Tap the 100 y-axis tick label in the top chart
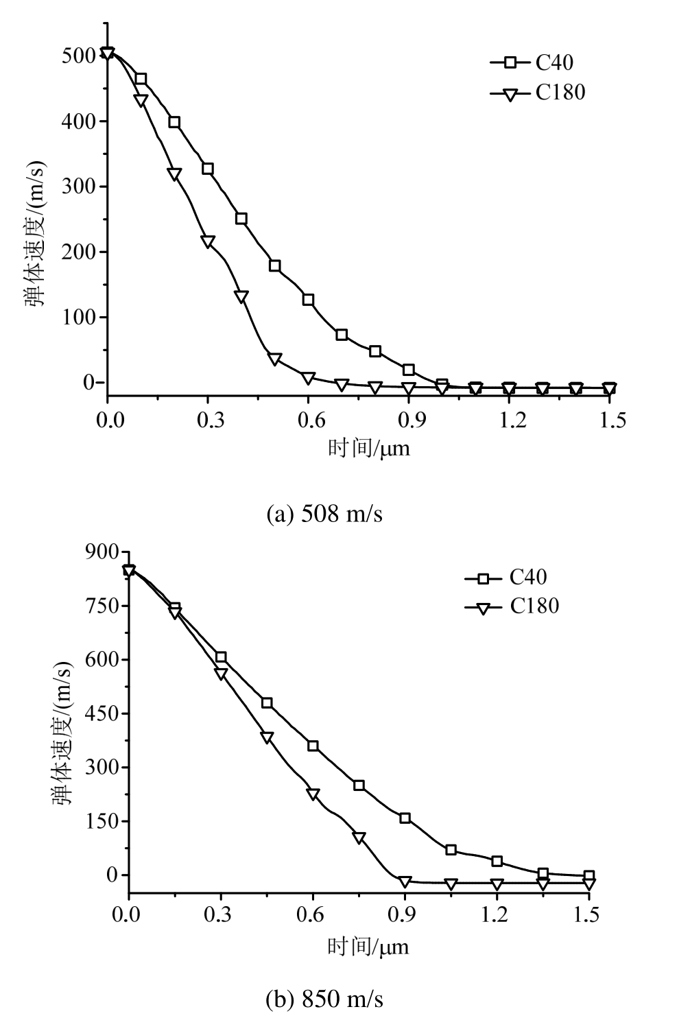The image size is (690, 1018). tap(79, 318)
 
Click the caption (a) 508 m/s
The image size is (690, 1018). tap(324, 514)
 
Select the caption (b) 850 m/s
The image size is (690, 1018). tap(324, 1000)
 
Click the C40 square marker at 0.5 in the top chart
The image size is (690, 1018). tap(275, 265)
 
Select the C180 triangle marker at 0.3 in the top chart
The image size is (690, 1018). tap(208, 241)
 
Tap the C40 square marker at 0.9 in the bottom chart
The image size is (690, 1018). tap(405, 818)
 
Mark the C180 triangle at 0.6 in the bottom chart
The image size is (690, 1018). tap(313, 794)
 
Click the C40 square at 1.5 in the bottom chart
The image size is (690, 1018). tap(588, 876)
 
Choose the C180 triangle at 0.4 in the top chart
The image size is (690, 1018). tap(241, 297)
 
